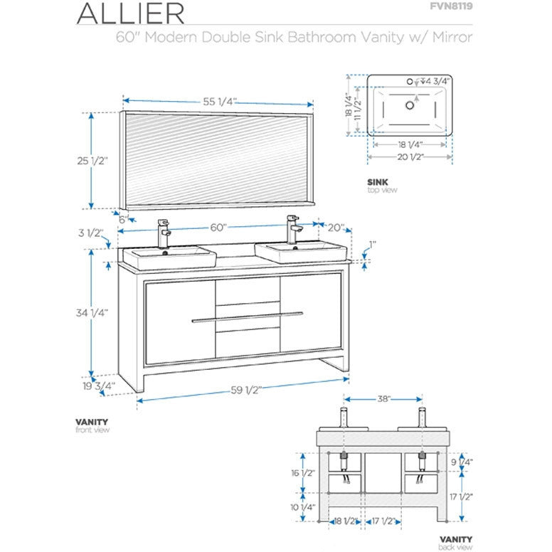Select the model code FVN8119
point(452,8)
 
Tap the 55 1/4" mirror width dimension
point(219,102)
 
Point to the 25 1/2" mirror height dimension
point(92,161)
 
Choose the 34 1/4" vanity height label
point(92,312)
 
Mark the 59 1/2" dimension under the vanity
point(245,390)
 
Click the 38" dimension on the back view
point(383,400)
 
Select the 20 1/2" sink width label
point(409,156)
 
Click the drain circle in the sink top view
point(409,105)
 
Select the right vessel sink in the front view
point(302,252)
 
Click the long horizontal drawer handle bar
point(247,315)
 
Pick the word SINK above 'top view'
point(376,182)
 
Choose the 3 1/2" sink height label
point(92,233)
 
